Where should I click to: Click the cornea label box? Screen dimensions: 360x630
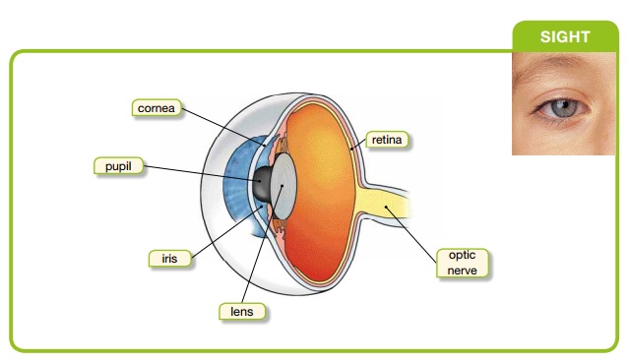click(157, 107)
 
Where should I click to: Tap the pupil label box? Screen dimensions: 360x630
click(117, 166)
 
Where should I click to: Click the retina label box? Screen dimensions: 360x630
click(386, 140)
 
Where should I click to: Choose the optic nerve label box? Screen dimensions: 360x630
click(462, 261)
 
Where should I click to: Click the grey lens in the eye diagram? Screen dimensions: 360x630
click(285, 186)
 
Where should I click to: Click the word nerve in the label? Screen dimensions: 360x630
click(462, 268)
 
